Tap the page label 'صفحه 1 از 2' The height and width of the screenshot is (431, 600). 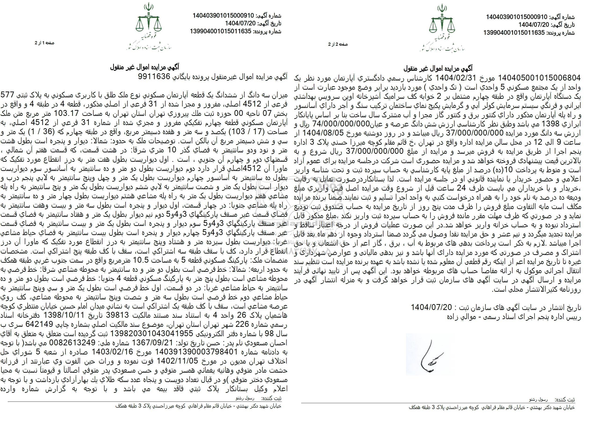click(x=44, y=43)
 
